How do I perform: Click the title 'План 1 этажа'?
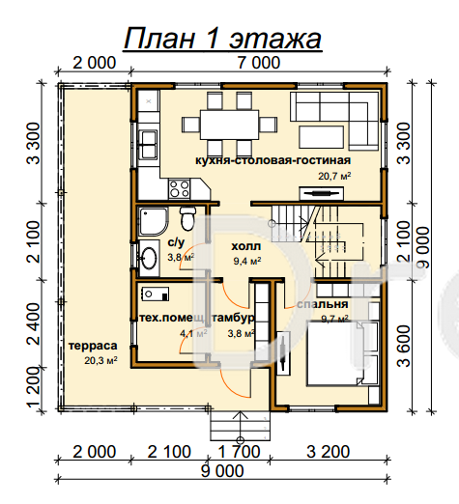tap(222, 39)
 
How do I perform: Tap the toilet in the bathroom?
tap(187, 218)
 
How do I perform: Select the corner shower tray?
tap(154, 221)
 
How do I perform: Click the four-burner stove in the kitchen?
tap(179, 189)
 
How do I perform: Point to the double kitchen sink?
tap(148, 145)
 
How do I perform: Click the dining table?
tap(229, 125)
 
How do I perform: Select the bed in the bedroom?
tap(335, 353)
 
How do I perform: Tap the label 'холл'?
tap(246, 246)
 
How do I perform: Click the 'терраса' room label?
tap(93, 346)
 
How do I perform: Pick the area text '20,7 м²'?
tap(334, 176)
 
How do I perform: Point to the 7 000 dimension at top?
tap(259, 63)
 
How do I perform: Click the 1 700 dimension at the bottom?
tap(239, 452)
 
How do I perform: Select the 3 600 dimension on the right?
tap(404, 346)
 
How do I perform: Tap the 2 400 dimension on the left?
tap(34, 323)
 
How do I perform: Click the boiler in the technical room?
tap(155, 294)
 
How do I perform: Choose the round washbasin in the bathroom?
tap(149, 258)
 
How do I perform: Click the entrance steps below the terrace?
tap(240, 426)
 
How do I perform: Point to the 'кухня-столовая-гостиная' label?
tap(273, 160)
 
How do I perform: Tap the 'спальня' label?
tap(323, 304)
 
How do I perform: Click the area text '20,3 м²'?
tap(100, 360)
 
